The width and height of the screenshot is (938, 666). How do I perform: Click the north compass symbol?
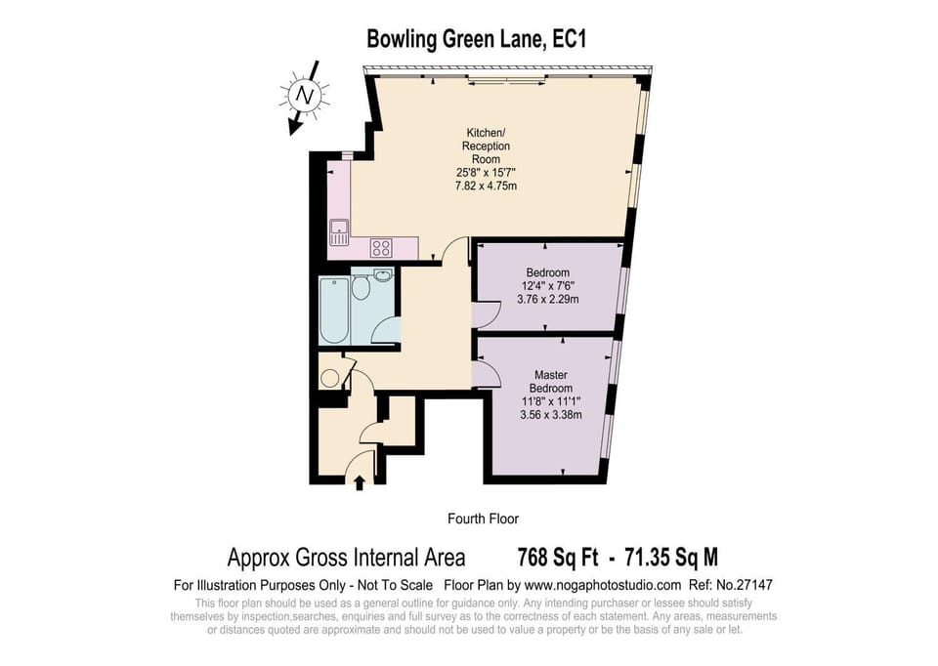coord(305,96)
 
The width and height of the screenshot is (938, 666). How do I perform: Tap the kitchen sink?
coord(339,232)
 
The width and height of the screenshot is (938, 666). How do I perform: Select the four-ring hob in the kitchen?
coord(381,247)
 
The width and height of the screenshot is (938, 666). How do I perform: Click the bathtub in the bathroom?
coord(334,311)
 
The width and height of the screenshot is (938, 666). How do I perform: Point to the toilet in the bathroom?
coord(361,288)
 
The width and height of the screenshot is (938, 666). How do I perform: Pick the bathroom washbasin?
coord(383,275)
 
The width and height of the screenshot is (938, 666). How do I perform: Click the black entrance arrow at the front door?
coord(359,482)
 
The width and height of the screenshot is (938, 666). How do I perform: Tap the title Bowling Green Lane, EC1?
coord(476,39)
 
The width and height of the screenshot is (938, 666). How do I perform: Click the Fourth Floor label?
coord(483,519)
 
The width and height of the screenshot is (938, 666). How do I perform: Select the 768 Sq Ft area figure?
coord(558,558)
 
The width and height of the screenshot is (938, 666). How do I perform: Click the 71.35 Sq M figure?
coord(671,558)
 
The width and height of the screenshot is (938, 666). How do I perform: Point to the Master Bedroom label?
coord(551,382)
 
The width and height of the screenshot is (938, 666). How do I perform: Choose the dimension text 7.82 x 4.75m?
coord(486,186)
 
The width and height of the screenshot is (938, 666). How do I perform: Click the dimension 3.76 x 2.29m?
coord(548,299)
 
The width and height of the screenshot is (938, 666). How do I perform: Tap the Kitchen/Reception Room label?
coord(486,146)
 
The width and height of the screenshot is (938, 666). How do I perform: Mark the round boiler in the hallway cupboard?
coord(329,378)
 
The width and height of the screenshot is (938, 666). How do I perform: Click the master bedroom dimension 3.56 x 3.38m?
coord(551,414)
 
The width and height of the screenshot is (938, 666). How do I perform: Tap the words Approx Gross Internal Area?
coord(346,558)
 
